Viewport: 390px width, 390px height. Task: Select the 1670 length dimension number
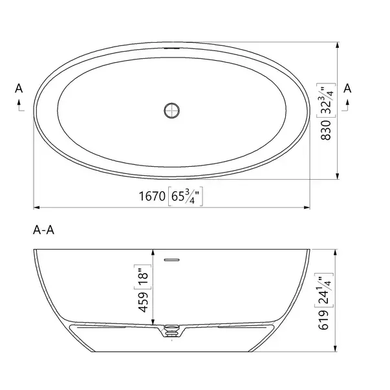pos(152,196)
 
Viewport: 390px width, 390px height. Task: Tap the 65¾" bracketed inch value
pos(186,196)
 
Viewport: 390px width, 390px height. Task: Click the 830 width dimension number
pos(326,130)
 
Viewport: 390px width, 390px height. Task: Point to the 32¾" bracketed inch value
pos(326,100)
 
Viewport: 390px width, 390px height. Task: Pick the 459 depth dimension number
pos(144,302)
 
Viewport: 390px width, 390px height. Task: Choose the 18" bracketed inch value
pos(143,277)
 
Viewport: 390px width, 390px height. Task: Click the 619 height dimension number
pos(323,320)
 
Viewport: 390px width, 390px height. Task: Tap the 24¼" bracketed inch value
pos(324,290)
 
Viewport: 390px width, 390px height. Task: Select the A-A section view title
pos(43,230)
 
